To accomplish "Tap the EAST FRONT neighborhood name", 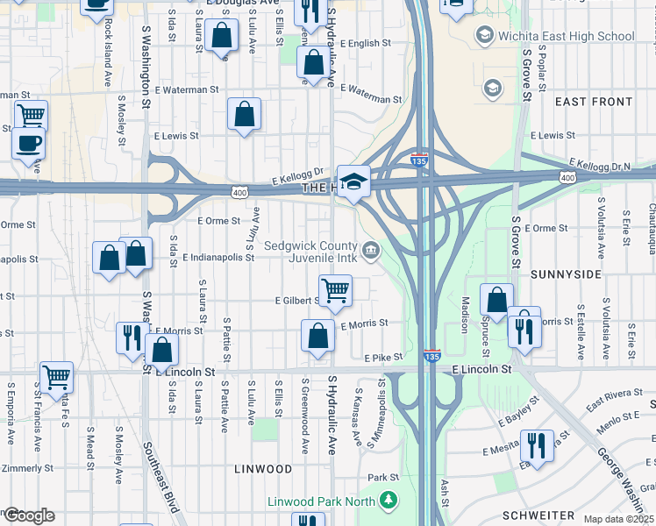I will [x=594, y=103].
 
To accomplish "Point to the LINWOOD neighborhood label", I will [x=263, y=469].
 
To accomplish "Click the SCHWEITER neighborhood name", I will [x=538, y=515].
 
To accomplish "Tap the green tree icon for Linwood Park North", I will [x=389, y=501].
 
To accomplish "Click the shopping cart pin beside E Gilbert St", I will [x=335, y=291].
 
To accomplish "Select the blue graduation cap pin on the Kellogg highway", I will [x=353, y=182].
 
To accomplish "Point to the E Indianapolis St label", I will [x=218, y=258].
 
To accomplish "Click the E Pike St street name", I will [x=383, y=358].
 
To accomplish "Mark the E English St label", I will [x=360, y=43].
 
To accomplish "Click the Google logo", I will [x=29, y=515].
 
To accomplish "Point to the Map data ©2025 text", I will [x=618, y=519].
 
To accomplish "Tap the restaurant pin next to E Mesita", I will [x=535, y=445].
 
